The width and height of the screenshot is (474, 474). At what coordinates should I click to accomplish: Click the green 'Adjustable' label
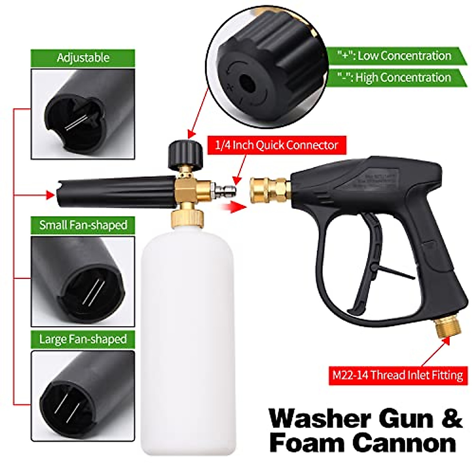83,58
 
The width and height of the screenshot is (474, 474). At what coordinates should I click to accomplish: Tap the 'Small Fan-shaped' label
83,225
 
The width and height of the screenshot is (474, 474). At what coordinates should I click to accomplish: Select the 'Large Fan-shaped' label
83,339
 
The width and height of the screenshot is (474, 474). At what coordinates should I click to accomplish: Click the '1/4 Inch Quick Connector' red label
276,145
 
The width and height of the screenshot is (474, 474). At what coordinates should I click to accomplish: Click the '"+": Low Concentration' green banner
395,56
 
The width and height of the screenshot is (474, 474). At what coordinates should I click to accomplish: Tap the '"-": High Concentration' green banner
395,77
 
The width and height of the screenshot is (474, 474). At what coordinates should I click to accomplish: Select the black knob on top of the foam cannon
184,152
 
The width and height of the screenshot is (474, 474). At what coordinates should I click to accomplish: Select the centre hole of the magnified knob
248,83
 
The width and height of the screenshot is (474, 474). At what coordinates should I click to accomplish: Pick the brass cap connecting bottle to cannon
188,217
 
